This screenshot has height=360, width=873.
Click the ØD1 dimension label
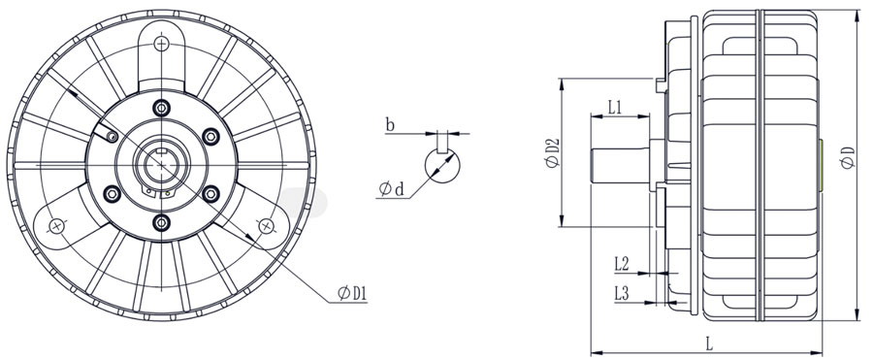click(x=351, y=292)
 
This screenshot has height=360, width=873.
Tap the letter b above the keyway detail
click(x=389, y=125)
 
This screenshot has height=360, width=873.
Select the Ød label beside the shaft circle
click(x=393, y=187)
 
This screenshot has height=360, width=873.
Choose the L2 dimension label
click(x=623, y=263)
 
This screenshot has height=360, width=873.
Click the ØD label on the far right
click(x=849, y=157)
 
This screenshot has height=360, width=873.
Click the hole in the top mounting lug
click(x=161, y=42)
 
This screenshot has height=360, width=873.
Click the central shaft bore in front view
click(x=160, y=163)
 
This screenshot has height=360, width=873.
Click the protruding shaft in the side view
click(x=619, y=162)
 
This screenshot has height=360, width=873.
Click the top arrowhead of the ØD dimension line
click(x=857, y=14)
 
